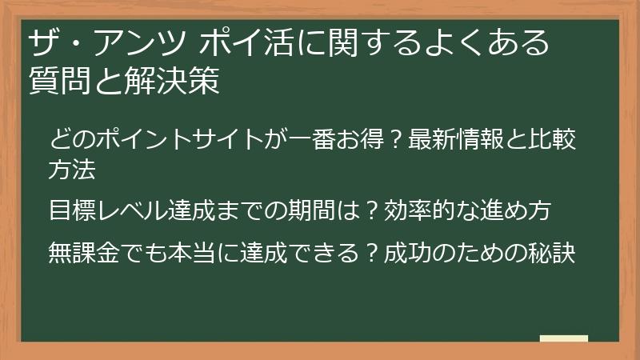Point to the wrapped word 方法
pyautogui.click(x=71, y=169)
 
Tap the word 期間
pyautogui.click(x=321, y=211)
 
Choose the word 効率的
pyautogui.click(x=416, y=211)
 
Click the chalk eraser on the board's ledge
pyautogui.click(x=563, y=339)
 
